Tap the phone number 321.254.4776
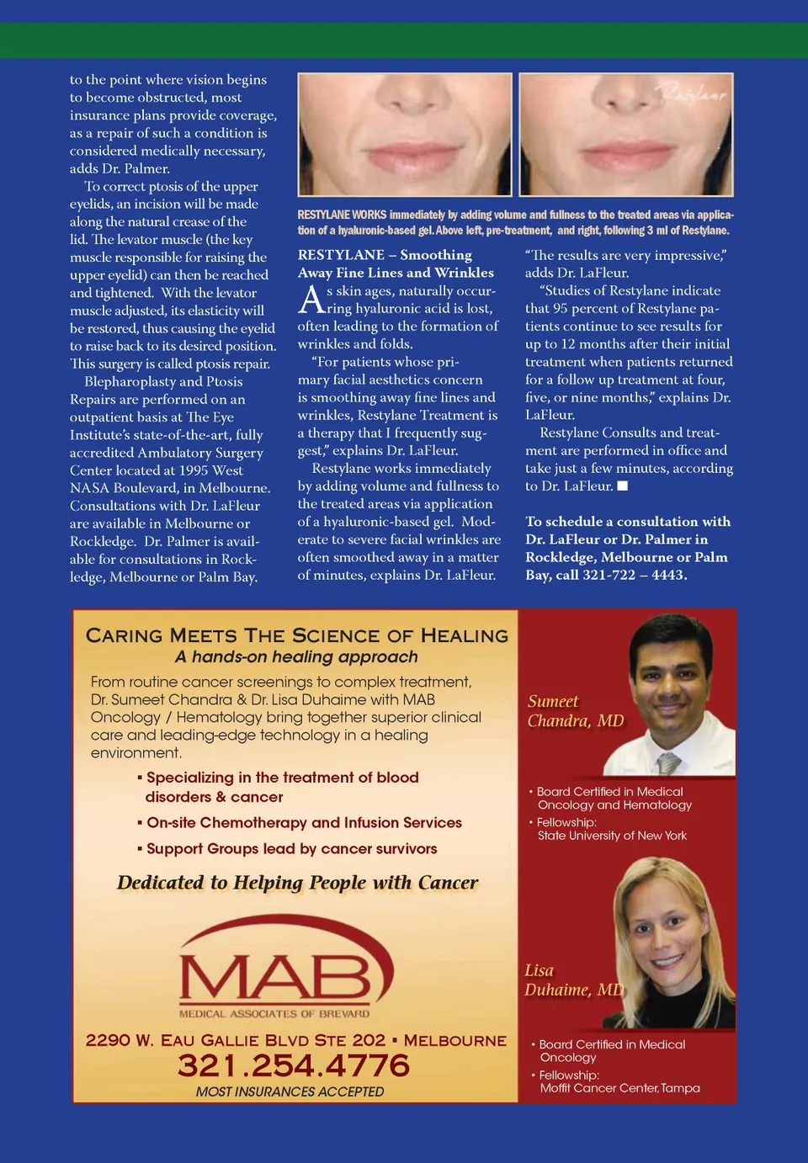pos(294,1065)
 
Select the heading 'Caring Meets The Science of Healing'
pos(297,635)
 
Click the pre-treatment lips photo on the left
pos(405,135)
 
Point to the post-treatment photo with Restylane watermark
pos(626,135)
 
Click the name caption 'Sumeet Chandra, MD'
pos(576,711)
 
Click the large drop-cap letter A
pos(311,300)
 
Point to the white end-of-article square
pos(623,486)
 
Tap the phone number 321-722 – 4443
pos(635,576)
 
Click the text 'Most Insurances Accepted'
pos(290,1091)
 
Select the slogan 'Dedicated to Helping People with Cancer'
pos(297,883)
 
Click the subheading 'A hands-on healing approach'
pos(296,657)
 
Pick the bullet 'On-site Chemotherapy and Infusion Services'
pos(304,823)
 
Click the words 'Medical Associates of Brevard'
pos(274,1014)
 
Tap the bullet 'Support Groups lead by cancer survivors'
pos(291,849)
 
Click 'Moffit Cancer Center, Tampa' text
pos(619,1088)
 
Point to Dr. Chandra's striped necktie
pos(668,762)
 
